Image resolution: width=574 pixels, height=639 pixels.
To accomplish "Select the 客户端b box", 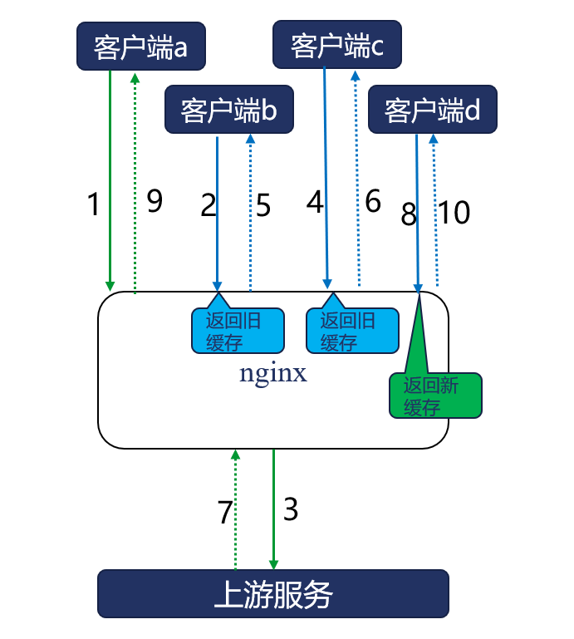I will [228, 110].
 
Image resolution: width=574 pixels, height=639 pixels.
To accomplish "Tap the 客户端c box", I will [336, 46].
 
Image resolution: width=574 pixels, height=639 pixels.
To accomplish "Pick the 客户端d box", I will [432, 110].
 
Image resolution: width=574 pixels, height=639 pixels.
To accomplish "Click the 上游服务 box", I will [273, 593].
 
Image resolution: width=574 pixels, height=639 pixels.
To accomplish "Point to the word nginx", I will [273, 373].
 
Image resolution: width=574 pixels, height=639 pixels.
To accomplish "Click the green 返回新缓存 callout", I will [435, 396].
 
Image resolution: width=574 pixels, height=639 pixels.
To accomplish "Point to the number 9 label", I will [155, 201].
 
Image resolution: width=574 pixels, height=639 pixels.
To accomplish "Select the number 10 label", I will [454, 214].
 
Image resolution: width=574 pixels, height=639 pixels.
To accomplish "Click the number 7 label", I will [225, 513].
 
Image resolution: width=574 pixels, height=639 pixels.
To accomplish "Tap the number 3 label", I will [291, 509].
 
